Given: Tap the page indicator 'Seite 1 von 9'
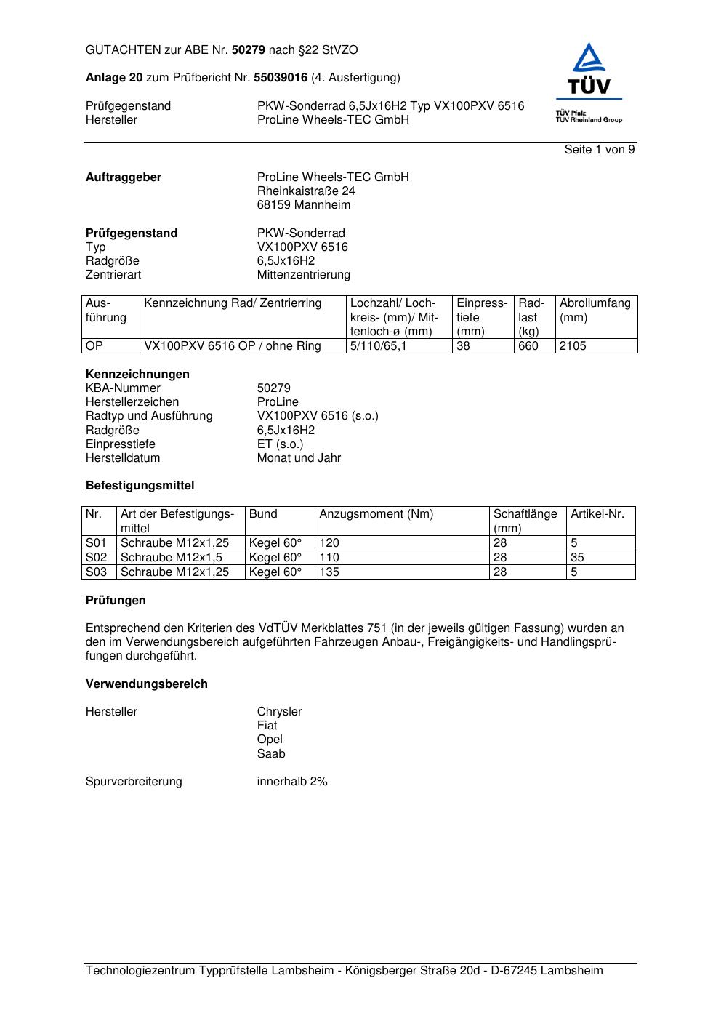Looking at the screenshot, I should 600,150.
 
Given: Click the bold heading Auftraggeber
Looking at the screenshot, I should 124,177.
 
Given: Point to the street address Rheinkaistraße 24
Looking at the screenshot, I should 306,191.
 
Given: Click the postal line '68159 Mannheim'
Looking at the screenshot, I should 304,205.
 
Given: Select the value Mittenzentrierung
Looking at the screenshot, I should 304,275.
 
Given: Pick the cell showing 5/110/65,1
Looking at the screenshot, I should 379,346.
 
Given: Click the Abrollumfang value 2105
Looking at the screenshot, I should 573,346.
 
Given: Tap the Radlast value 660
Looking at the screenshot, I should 528,346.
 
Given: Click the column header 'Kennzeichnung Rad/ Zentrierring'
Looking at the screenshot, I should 233,303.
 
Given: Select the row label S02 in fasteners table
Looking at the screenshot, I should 96,558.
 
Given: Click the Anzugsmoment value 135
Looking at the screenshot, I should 329,572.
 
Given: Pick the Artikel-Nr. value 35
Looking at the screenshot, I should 578,558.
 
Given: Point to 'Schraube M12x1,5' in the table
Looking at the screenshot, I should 172,558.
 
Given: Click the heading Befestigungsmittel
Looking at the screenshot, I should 140,486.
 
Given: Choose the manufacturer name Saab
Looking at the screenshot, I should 271,754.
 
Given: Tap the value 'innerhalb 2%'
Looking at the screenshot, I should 292,782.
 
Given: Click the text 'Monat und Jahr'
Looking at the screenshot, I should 299,458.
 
